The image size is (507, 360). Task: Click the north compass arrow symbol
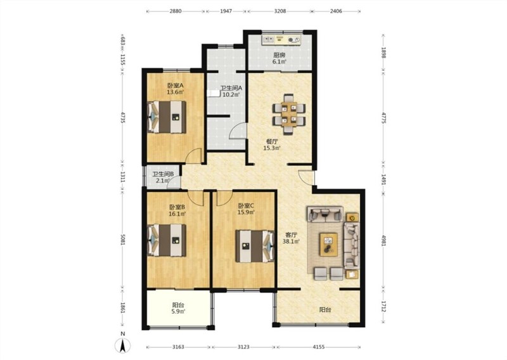pyautogui.click(x=123, y=346)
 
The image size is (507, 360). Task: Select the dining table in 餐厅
pyautogui.click(x=289, y=114)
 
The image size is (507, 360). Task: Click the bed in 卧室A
pyautogui.click(x=167, y=117)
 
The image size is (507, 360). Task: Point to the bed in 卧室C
pyautogui.click(x=255, y=246)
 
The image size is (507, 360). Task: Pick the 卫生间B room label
pyautogui.click(x=163, y=174)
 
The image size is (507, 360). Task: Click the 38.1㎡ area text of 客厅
pyautogui.click(x=292, y=241)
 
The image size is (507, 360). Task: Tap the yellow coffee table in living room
pyautogui.click(x=329, y=245)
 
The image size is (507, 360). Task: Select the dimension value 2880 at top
pyautogui.click(x=176, y=11)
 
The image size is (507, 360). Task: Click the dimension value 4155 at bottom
pyautogui.click(x=319, y=347)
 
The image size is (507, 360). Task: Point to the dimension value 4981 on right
pyautogui.click(x=384, y=240)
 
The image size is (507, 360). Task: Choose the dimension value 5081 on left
pyautogui.click(x=123, y=240)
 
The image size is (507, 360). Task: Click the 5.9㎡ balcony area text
pyautogui.click(x=178, y=311)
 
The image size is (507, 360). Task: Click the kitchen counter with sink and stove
pyautogui.click(x=281, y=39)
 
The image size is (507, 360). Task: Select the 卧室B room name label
pyautogui.click(x=177, y=207)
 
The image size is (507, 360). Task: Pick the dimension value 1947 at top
pyautogui.click(x=226, y=11)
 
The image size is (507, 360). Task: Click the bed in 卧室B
pyautogui.click(x=167, y=240)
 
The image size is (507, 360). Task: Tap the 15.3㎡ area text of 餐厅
pyautogui.click(x=272, y=148)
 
